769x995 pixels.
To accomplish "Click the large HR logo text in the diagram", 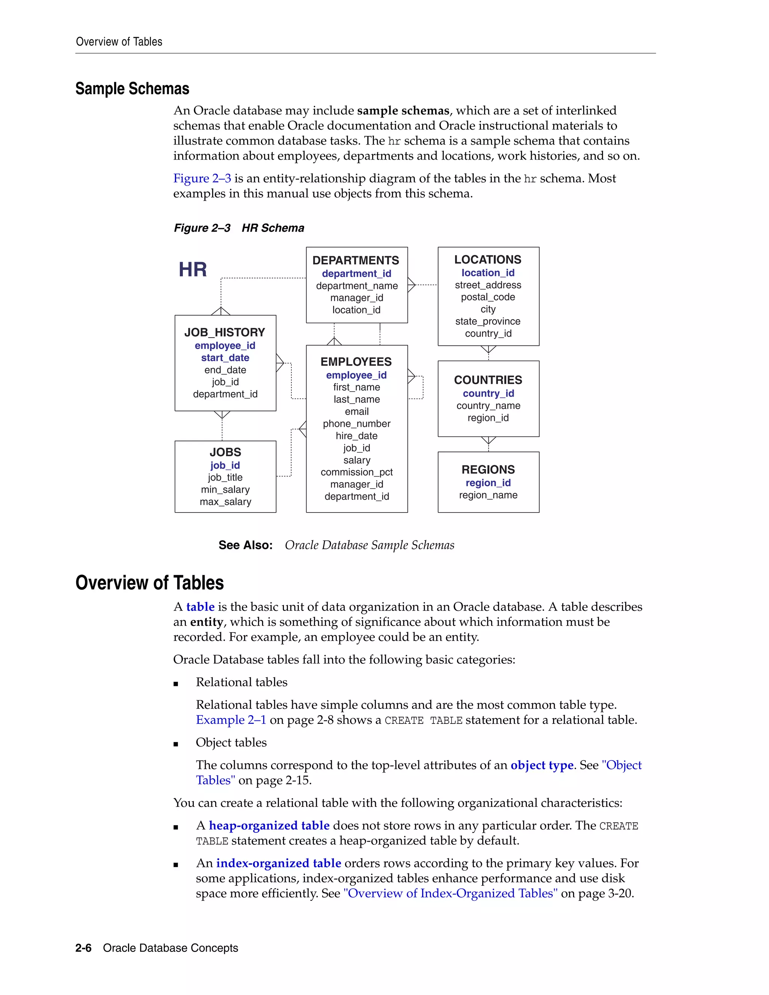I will [x=193, y=270].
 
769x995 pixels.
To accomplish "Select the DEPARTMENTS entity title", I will [x=356, y=260].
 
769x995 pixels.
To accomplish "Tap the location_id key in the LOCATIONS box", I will [x=488, y=273].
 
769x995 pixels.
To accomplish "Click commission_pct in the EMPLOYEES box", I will [x=357, y=472].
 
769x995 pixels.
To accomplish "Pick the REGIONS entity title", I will [x=488, y=470].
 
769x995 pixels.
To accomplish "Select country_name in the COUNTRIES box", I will [x=488, y=406].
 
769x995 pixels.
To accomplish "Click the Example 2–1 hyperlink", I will [x=231, y=720].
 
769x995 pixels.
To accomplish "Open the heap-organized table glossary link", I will [x=269, y=826].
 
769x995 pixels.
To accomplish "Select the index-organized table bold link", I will [x=278, y=863].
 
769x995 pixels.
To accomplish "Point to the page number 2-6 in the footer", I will [x=83, y=948].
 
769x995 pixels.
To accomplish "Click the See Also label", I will [x=246, y=545].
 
